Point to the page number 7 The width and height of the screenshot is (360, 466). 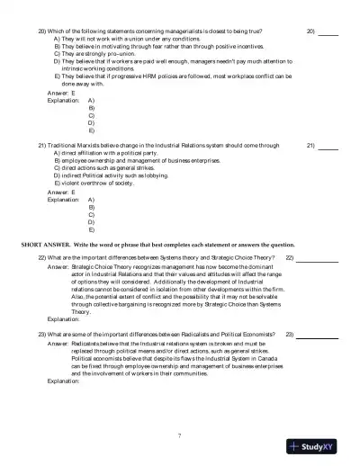click(180, 435)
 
